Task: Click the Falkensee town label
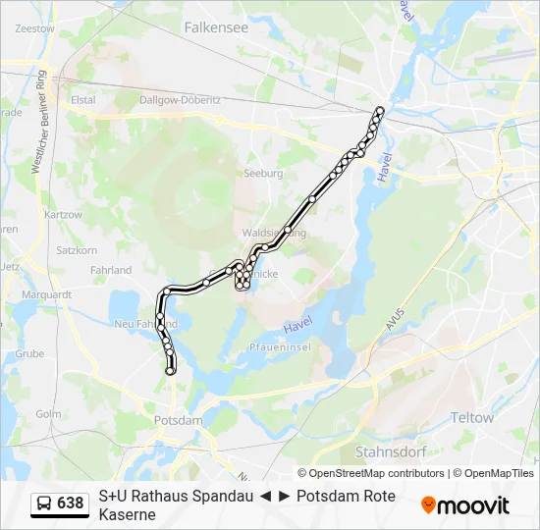click(x=216, y=28)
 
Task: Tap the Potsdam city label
click(x=178, y=420)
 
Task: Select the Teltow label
click(x=471, y=418)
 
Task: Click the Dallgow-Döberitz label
click(x=180, y=100)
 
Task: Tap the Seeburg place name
click(x=262, y=173)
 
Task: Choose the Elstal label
click(x=82, y=99)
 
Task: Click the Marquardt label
click(x=46, y=293)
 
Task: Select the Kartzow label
click(x=63, y=214)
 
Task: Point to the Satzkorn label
click(x=77, y=250)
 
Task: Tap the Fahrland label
click(x=110, y=270)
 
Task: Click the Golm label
click(x=48, y=414)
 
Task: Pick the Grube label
click(x=29, y=353)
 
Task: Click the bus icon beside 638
click(x=44, y=503)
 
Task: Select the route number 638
click(x=71, y=503)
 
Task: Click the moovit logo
click(x=465, y=505)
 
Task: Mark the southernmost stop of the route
click(x=171, y=371)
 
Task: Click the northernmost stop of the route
click(x=380, y=110)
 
